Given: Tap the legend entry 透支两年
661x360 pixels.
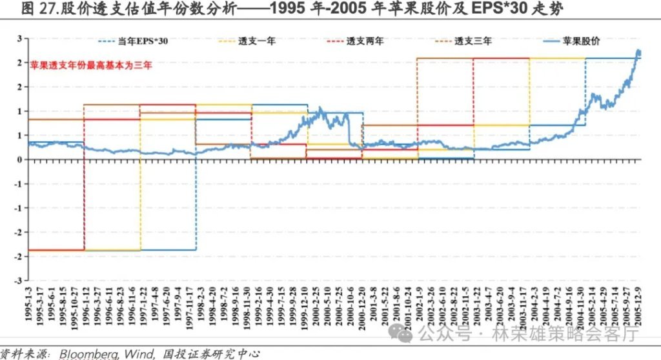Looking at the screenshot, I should [x=365, y=41].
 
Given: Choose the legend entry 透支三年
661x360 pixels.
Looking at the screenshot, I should [x=473, y=41].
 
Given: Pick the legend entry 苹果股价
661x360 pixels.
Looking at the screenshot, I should [x=580, y=41].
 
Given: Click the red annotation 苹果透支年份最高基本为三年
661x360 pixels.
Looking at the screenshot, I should [x=91, y=65].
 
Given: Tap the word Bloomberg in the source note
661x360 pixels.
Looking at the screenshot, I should [x=92, y=353].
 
